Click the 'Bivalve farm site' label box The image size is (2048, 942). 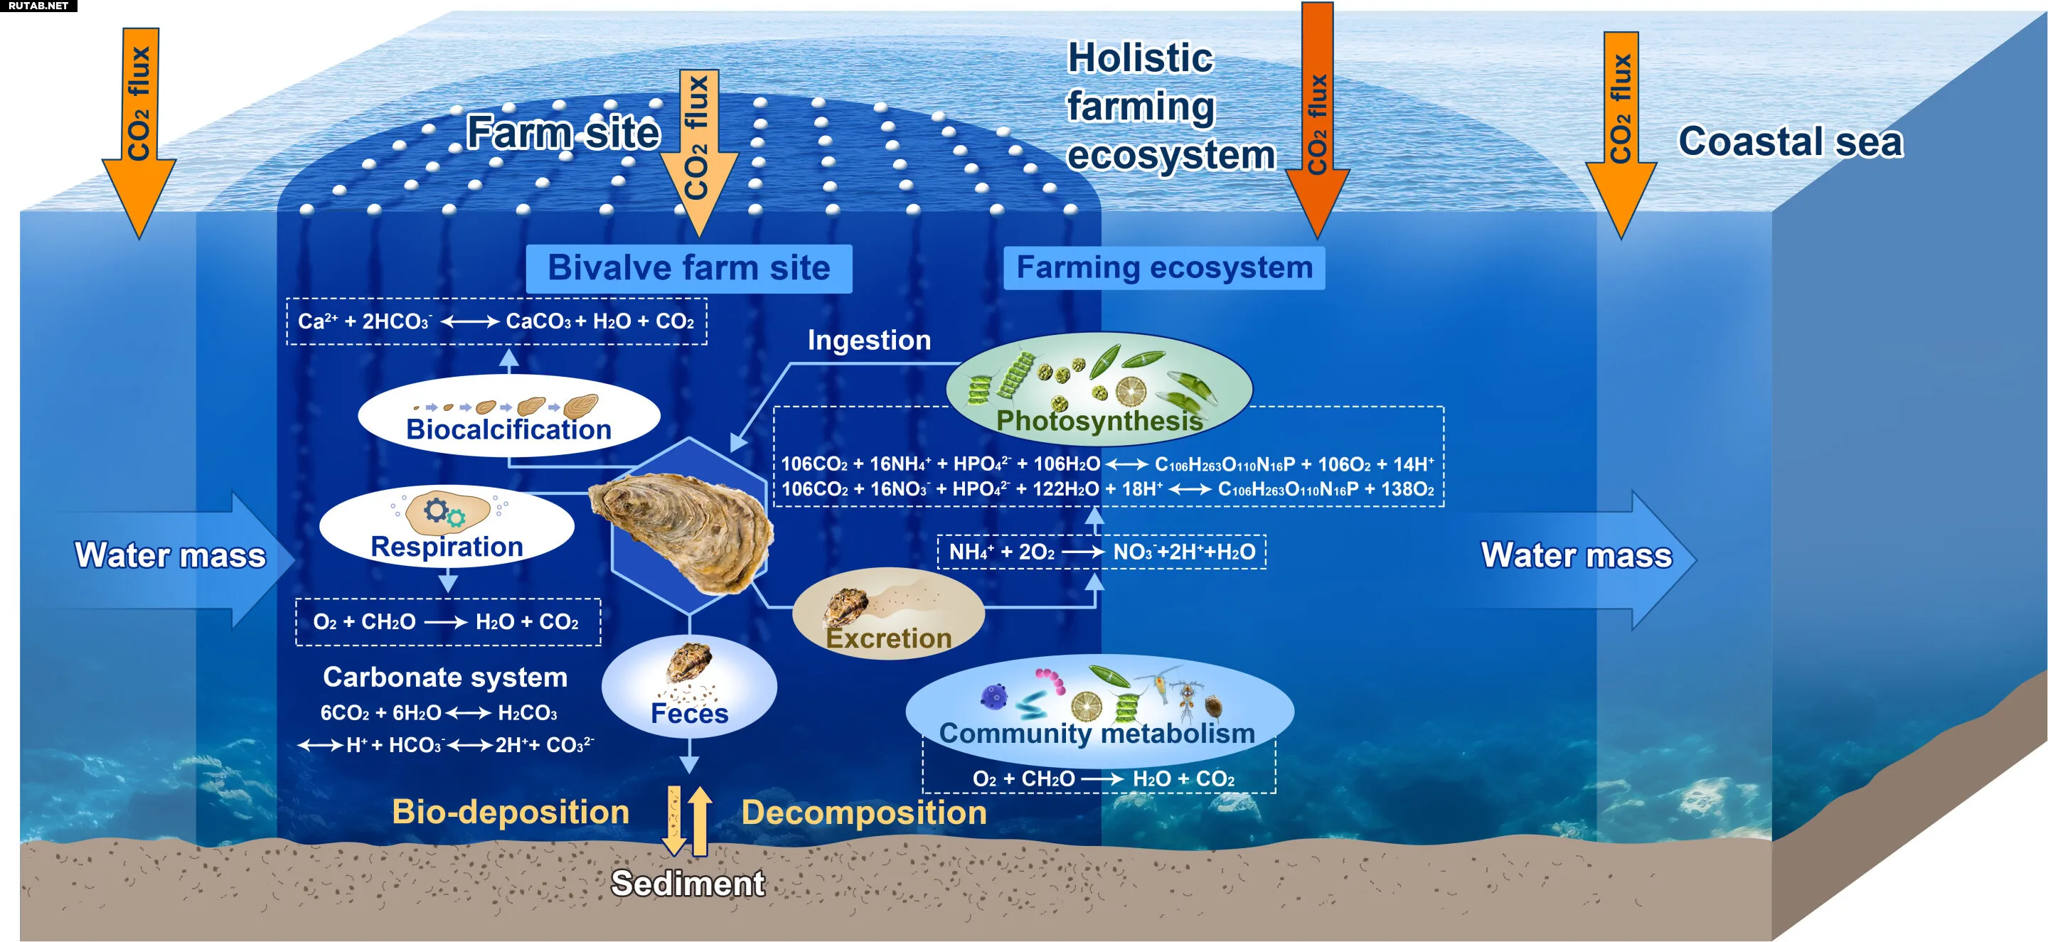688,269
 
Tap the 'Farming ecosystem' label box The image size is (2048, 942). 1164,268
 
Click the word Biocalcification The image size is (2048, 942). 509,430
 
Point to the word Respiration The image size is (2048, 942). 447,547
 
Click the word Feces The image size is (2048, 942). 689,713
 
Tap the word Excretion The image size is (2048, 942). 889,638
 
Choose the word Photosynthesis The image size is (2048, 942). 1099,420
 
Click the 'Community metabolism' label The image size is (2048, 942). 1097,733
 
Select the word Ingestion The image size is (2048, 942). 869,341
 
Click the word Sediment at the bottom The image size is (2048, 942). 688,883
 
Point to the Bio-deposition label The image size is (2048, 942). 511,812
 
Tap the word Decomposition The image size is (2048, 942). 864,813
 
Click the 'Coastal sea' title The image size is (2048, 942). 1791,141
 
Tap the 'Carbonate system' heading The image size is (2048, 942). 445,678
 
